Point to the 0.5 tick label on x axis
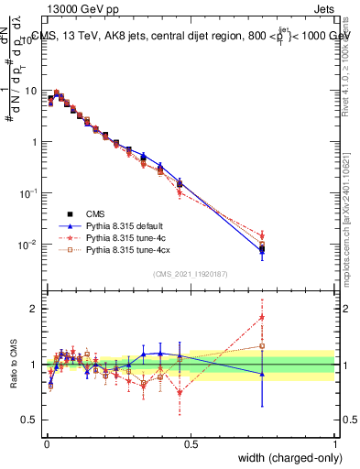191,442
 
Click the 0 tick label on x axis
46,442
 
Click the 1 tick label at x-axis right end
335,442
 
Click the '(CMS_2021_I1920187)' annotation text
190,274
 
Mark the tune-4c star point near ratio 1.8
262,318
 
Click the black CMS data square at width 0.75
262,248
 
